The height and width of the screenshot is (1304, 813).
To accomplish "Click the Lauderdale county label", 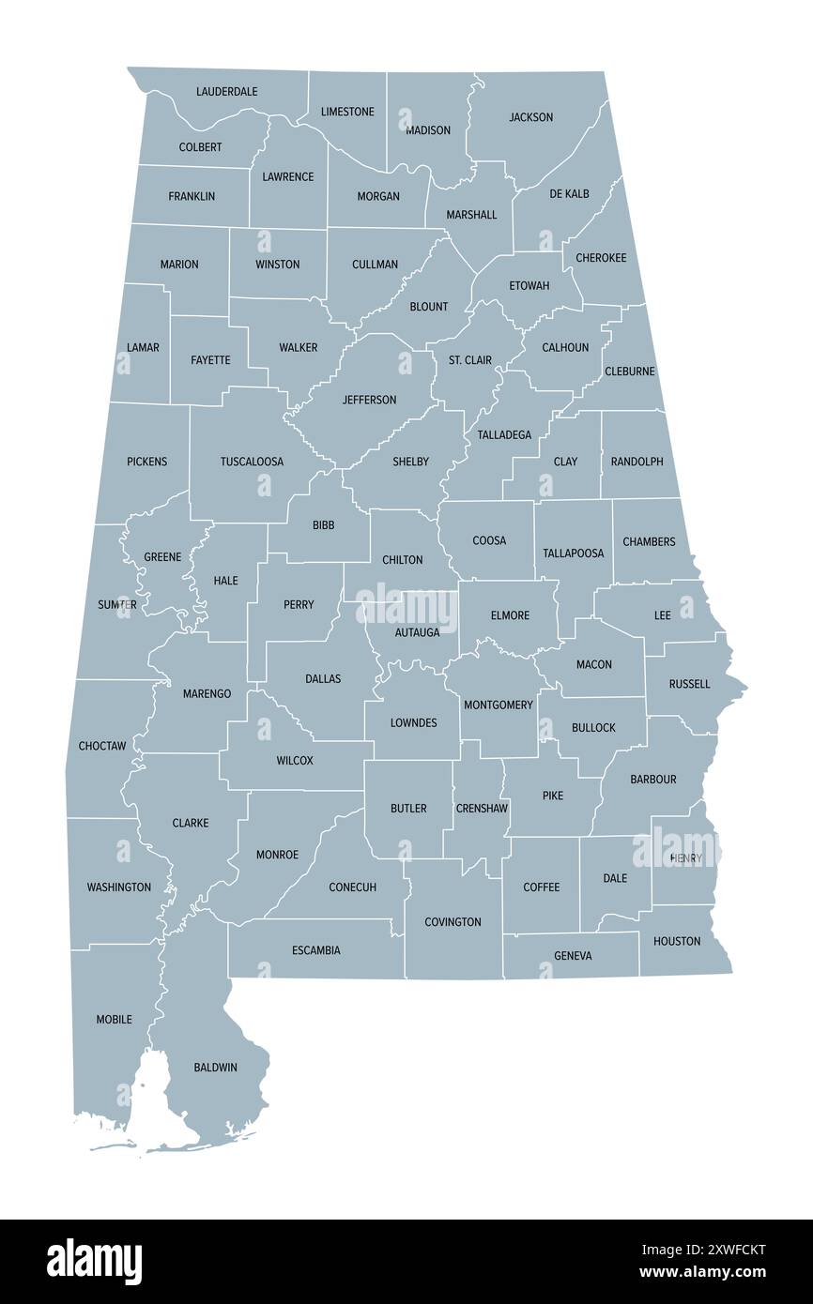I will pyautogui.click(x=226, y=92).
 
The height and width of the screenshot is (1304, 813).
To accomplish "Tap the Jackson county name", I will pyautogui.click(x=530, y=117).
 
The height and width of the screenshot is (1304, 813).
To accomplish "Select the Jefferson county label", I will pyautogui.click(x=369, y=400).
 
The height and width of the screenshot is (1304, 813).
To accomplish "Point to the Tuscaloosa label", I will pyautogui.click(x=252, y=462).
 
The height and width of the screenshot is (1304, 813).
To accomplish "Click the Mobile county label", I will pyautogui.click(x=114, y=1019).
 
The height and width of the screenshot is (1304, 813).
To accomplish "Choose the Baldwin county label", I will pyautogui.click(x=215, y=1068).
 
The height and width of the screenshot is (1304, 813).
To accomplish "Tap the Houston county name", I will pyautogui.click(x=677, y=941).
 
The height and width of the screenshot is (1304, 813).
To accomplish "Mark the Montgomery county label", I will pyautogui.click(x=499, y=705).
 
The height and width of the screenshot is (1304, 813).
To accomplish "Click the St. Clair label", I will pyautogui.click(x=469, y=360).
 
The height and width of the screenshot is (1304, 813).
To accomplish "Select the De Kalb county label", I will pyautogui.click(x=570, y=193).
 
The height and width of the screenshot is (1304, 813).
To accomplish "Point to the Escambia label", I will pyautogui.click(x=315, y=950).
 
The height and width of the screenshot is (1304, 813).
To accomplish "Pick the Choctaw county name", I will pyautogui.click(x=102, y=746).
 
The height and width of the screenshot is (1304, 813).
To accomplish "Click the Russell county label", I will pyautogui.click(x=689, y=684).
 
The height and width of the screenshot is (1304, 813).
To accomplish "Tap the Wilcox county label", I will pyautogui.click(x=295, y=760).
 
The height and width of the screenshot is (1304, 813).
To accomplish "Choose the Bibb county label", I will pyautogui.click(x=323, y=525).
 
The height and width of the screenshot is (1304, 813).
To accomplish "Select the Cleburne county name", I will pyautogui.click(x=630, y=371).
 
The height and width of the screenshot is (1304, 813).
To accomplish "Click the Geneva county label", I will pyautogui.click(x=573, y=956).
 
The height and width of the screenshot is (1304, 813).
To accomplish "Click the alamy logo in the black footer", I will pyautogui.click(x=94, y=1262).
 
